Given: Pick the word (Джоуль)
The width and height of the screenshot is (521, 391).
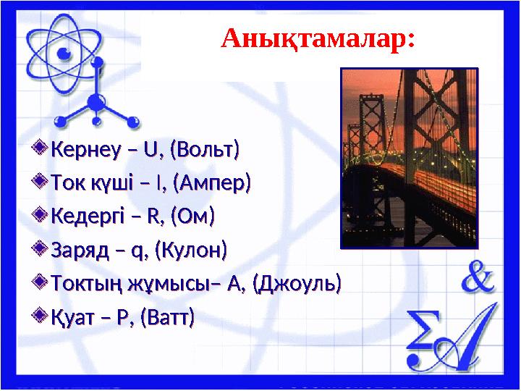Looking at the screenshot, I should pyautogui.click(x=297, y=284).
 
